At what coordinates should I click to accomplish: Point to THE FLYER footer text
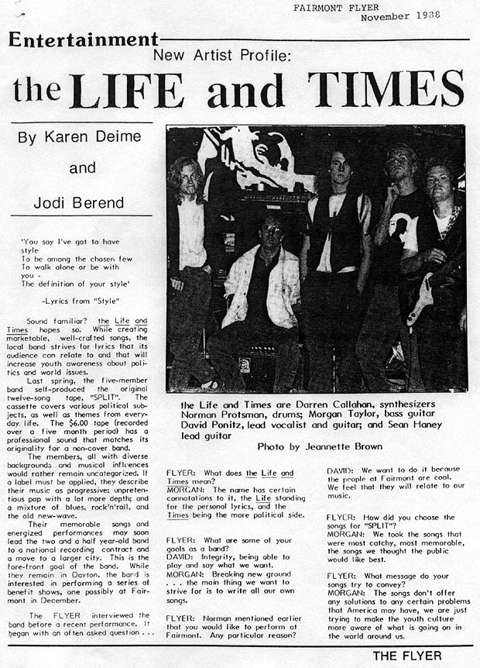[x=407, y=656]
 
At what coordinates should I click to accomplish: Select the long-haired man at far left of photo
[x=188, y=256]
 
